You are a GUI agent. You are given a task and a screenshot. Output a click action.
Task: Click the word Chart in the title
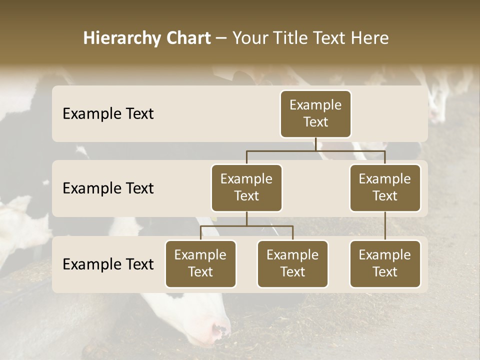189,38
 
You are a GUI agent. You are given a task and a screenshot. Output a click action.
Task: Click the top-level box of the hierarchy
315,114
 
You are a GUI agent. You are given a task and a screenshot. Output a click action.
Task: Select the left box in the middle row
246,188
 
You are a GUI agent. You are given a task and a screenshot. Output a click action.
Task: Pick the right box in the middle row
385,188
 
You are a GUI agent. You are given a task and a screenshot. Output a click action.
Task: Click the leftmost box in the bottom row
200,264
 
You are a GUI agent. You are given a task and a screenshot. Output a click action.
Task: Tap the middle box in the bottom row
292,264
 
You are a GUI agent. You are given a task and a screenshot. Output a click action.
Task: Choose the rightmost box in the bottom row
385,264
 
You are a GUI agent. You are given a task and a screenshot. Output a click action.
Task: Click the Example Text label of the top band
108,114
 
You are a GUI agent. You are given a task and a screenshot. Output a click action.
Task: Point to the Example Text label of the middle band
108,188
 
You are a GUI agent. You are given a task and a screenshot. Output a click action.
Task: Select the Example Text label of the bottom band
108,264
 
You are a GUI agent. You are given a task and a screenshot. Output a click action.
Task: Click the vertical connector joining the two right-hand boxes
385,226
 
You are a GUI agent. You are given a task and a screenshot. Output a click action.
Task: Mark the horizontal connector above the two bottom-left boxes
246,226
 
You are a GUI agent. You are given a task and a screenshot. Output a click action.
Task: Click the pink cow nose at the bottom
220,330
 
